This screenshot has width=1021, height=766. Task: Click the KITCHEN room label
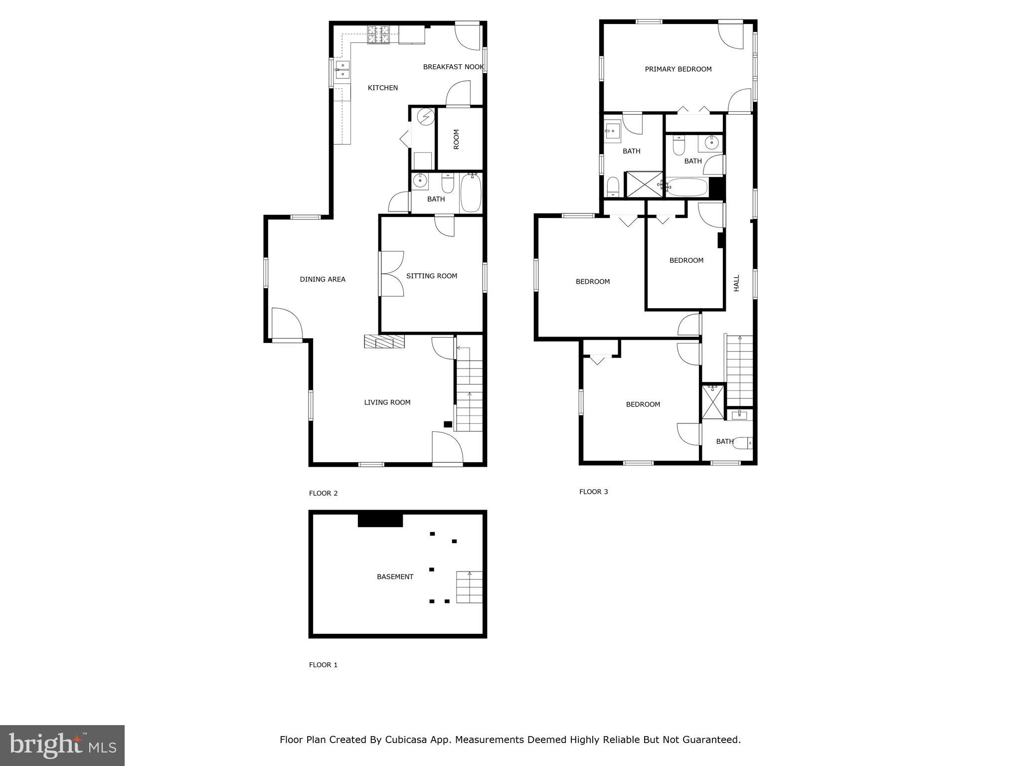[382, 88]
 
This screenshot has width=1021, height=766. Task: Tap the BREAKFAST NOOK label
[453, 67]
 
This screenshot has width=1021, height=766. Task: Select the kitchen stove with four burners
[378, 34]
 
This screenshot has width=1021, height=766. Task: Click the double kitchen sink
[342, 70]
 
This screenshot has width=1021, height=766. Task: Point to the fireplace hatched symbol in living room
[384, 342]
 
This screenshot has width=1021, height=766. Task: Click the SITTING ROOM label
[431, 276]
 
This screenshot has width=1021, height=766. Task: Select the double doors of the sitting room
[392, 274]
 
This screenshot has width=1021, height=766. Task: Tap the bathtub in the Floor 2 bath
[470, 193]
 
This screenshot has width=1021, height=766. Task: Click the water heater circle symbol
[426, 117]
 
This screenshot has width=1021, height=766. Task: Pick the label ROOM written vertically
[456, 139]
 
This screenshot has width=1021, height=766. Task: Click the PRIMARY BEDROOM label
[678, 69]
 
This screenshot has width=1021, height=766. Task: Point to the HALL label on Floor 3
[736, 283]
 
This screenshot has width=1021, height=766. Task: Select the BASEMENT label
[395, 577]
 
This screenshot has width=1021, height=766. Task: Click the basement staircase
[469, 587]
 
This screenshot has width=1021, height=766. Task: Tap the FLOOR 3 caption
[593, 492]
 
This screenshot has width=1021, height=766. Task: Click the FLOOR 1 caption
[323, 665]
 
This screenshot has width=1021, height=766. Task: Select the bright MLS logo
[62, 746]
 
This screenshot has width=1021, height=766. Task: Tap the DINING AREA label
[322, 279]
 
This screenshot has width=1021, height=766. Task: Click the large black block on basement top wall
[380, 520]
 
